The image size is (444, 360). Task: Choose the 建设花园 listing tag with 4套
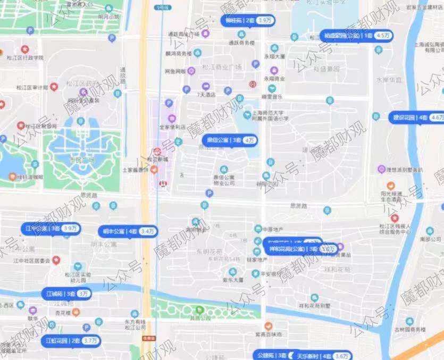tap(415, 117)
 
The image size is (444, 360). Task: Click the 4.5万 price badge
tap(383, 36)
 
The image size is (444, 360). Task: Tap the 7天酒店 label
tap(206, 95)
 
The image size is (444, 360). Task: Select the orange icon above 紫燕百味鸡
tap(268, 325)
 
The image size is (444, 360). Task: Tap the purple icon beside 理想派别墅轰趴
tap(381, 169)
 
